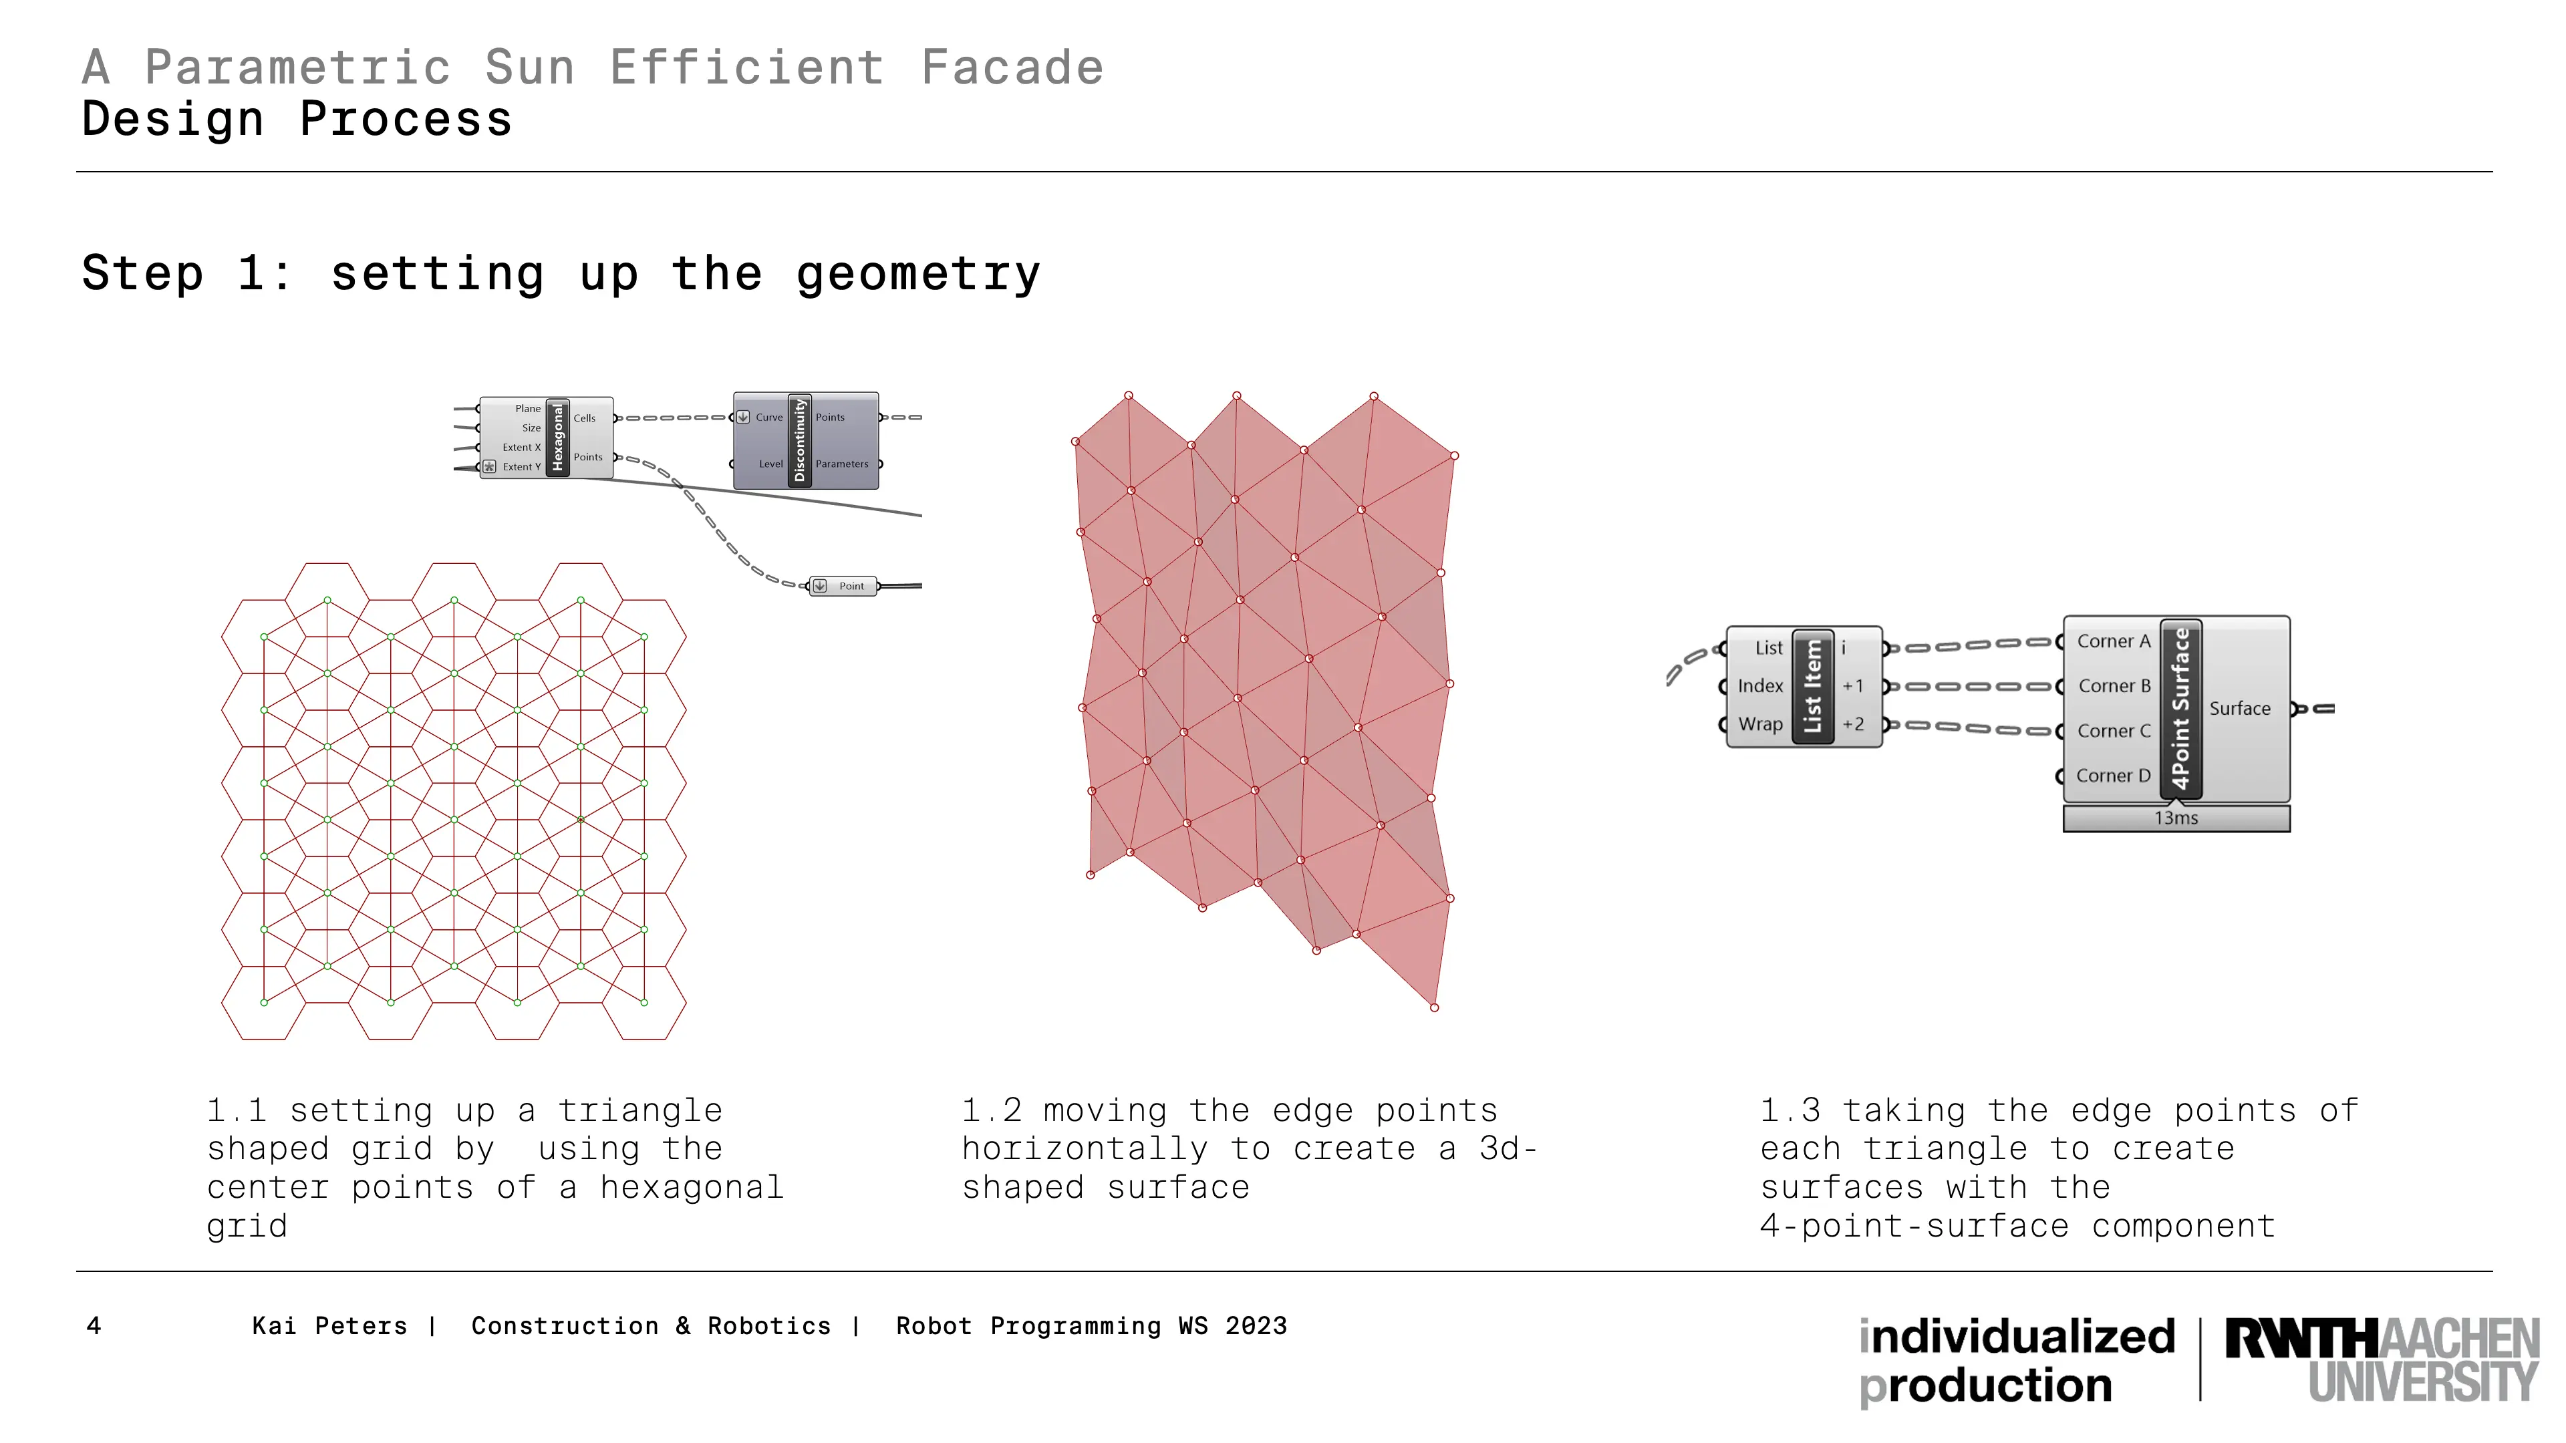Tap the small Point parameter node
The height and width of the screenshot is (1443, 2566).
click(844, 587)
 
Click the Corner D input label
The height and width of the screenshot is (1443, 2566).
click(2113, 776)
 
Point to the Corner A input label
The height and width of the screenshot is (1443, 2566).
click(2114, 641)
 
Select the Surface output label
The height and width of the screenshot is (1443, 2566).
click(2239, 709)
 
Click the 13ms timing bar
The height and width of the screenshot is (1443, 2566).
click(2176, 818)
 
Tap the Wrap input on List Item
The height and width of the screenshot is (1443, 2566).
click(1760, 725)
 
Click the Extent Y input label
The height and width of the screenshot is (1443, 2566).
click(521, 467)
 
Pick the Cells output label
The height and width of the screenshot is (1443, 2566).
click(585, 418)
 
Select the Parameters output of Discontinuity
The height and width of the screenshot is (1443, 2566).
click(842, 464)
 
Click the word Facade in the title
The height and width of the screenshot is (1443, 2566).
click(1012, 67)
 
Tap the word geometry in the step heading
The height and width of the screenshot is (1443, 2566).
click(918, 275)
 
